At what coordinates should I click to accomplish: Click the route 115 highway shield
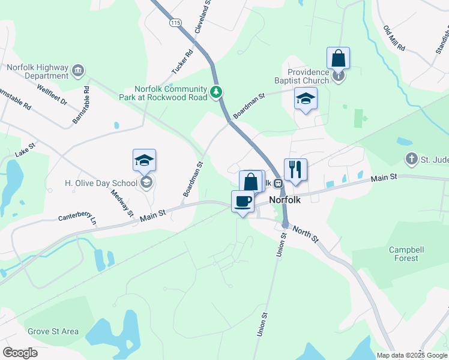(x=175, y=23)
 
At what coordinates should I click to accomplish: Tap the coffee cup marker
(x=243, y=202)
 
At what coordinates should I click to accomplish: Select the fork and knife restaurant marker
(x=295, y=170)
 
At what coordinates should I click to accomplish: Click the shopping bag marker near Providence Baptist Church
(x=339, y=59)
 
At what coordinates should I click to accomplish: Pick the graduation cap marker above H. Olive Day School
(x=144, y=161)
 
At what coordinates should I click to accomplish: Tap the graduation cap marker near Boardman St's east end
(x=306, y=99)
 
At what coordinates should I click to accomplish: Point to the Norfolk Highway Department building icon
(x=78, y=71)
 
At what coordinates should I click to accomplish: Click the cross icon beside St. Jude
(x=411, y=159)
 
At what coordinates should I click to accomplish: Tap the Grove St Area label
(x=53, y=331)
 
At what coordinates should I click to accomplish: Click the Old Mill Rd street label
(x=394, y=38)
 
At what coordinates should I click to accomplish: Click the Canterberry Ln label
(x=77, y=219)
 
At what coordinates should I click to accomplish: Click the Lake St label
(x=26, y=150)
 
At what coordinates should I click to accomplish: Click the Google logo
(x=20, y=353)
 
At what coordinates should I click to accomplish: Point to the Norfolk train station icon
(x=278, y=183)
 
